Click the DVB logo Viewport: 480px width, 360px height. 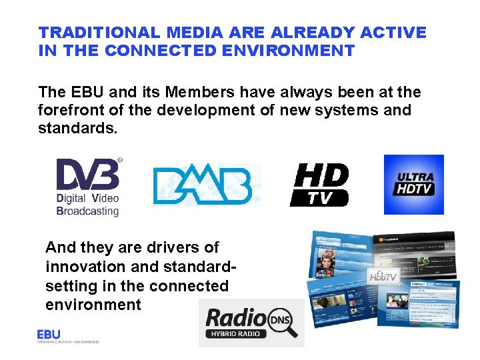pyautogui.click(x=87, y=175)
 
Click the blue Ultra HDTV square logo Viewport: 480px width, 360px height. pyautogui.click(x=414, y=184)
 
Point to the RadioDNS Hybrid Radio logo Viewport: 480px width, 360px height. pyautogui.click(x=252, y=323)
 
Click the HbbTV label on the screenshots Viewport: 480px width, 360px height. pyautogui.click(x=384, y=275)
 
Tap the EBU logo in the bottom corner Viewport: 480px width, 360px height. pyautogui.click(x=49, y=334)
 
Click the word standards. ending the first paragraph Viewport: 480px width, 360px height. pyautogui.click(x=78, y=128)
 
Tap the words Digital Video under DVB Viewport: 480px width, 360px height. pyautogui.click(x=87, y=199)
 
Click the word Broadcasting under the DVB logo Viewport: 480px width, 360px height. pyautogui.click(x=87, y=211)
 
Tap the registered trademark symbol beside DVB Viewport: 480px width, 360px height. pyautogui.click(x=119, y=160)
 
